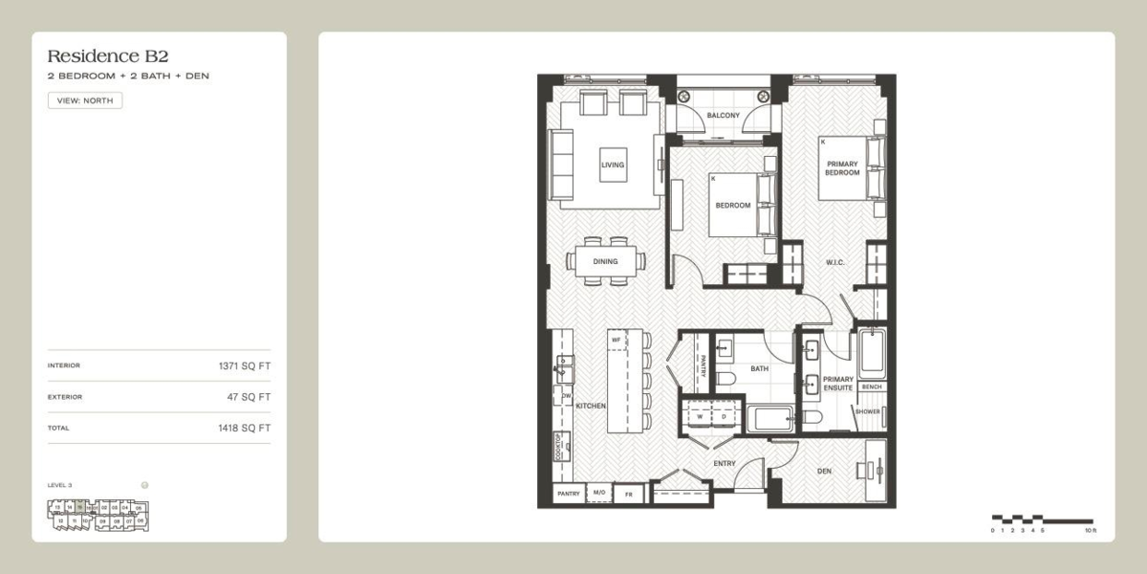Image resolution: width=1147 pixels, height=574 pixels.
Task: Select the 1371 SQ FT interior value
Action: [x=244, y=365]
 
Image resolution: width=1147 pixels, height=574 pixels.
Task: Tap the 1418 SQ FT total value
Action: [x=244, y=429]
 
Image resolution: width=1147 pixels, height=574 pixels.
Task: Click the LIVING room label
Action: [x=613, y=165]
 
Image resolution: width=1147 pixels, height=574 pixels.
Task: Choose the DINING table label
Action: [x=605, y=261]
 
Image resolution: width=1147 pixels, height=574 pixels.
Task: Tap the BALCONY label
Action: [x=723, y=116]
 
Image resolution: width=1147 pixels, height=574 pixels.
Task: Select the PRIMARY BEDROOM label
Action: [x=843, y=168]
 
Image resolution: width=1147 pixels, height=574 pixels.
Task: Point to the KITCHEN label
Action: [x=591, y=407]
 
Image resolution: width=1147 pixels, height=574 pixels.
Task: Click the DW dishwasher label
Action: [x=566, y=396]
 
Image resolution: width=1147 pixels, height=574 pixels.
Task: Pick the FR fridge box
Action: [x=629, y=495]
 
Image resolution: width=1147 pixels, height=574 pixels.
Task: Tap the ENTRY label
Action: [x=725, y=464]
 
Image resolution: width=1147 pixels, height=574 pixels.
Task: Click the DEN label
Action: [x=824, y=471]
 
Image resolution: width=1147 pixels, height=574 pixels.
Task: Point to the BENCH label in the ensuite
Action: [x=872, y=387]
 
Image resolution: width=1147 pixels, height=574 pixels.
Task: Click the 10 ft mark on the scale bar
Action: [x=1091, y=529]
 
